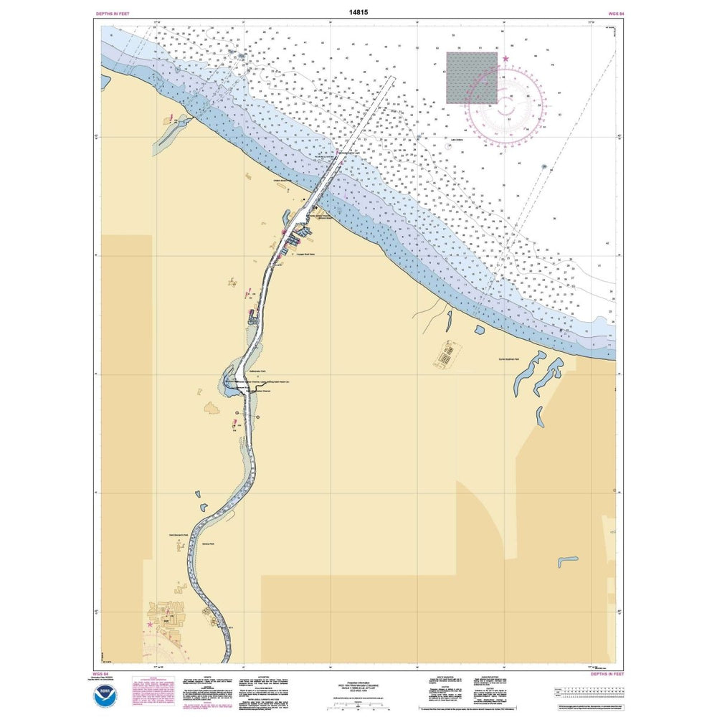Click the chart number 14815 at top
tap(358, 12)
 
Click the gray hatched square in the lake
tap(472, 77)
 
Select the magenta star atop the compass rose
tap(505, 59)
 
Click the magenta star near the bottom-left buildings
tap(150, 624)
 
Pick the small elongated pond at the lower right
tap(568, 558)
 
